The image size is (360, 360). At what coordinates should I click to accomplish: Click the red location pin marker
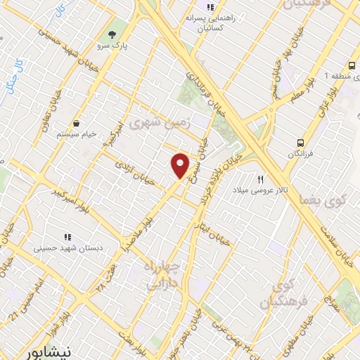(181, 165)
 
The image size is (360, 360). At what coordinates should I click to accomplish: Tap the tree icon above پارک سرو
(110, 35)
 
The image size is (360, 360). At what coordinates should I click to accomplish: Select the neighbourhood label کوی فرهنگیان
(277, 295)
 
